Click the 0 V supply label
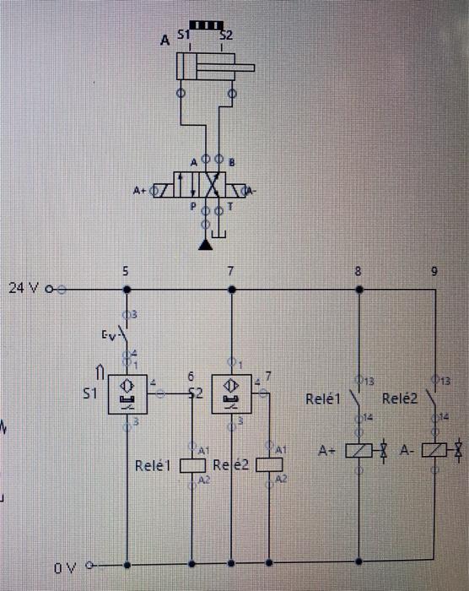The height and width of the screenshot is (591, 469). [66, 568]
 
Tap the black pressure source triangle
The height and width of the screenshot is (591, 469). [204, 245]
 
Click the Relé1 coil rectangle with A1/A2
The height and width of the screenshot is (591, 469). [193, 464]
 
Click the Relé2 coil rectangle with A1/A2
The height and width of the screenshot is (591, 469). [270, 464]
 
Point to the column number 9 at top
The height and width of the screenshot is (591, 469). [434, 272]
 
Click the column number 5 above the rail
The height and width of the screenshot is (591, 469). [126, 272]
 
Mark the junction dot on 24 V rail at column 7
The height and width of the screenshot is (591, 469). [231, 290]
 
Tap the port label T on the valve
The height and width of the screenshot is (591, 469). [229, 205]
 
